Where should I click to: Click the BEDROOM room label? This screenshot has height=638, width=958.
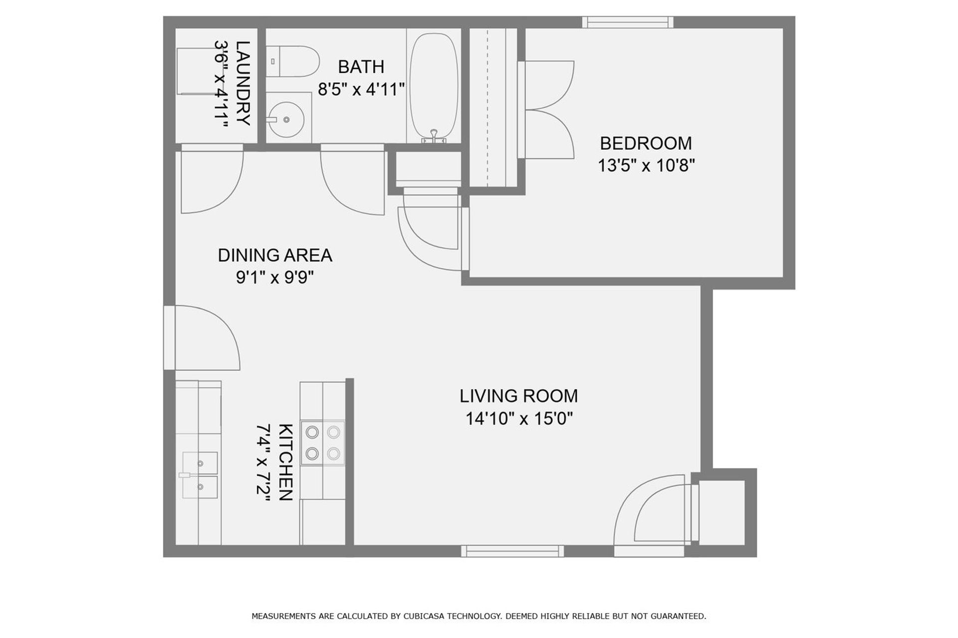click(646, 143)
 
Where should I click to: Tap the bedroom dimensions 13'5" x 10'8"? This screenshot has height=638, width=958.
click(646, 165)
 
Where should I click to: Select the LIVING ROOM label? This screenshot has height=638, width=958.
click(518, 396)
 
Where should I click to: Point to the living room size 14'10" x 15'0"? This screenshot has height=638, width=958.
click(518, 418)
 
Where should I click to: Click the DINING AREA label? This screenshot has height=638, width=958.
click(275, 255)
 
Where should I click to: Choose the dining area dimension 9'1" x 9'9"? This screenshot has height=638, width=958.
click(275, 277)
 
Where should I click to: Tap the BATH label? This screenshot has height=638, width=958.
click(361, 67)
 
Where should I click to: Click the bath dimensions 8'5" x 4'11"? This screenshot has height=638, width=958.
click(361, 89)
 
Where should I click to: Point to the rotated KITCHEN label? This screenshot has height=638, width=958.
click(285, 462)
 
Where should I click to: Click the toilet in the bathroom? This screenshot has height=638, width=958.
click(292, 61)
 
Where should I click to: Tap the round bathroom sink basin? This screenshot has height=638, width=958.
click(286, 120)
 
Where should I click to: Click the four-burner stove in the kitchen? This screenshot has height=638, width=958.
click(323, 443)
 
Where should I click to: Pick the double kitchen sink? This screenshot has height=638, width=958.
click(200, 475)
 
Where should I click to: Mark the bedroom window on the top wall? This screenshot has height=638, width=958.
click(628, 22)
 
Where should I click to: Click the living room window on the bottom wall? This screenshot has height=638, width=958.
click(512, 551)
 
